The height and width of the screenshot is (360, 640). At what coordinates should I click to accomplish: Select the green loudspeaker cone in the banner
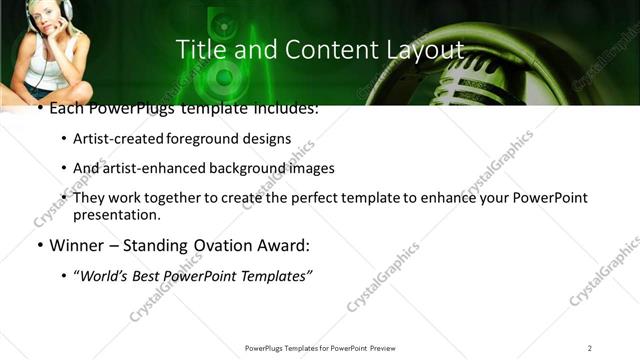[224, 75]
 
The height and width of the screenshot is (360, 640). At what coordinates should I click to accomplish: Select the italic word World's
[105, 276]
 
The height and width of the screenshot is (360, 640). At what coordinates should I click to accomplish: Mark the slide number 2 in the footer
[590, 348]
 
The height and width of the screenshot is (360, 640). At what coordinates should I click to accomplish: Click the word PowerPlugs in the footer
[267, 348]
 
